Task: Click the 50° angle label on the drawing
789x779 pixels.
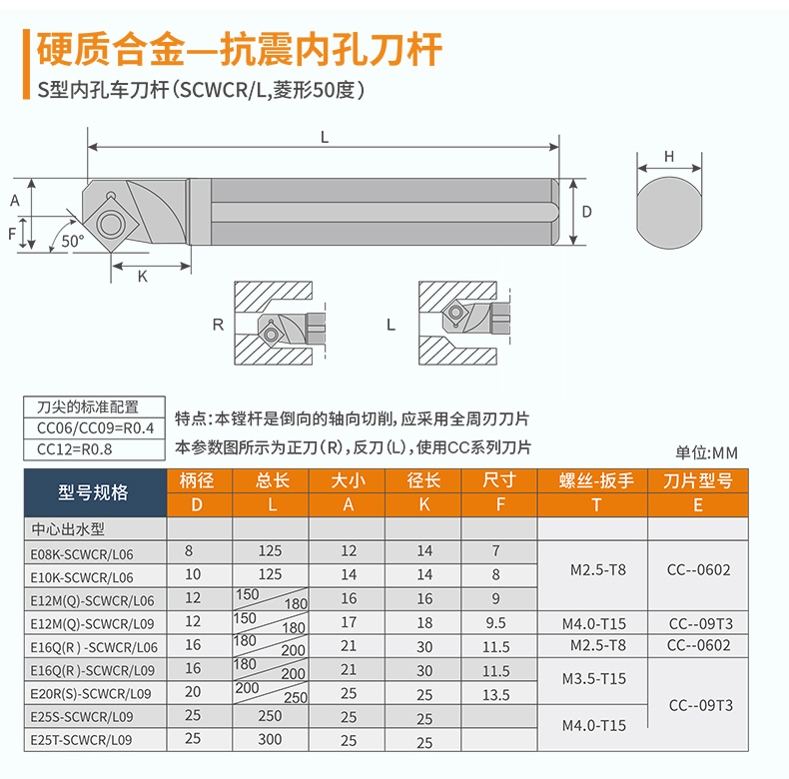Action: (73, 241)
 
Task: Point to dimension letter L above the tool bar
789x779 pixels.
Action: (325, 137)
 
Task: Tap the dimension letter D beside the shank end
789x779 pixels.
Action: (586, 212)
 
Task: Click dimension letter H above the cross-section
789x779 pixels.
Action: (669, 157)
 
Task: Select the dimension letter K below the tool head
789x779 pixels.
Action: (143, 277)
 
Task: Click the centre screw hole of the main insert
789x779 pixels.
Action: (110, 224)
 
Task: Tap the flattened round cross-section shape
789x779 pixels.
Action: (669, 213)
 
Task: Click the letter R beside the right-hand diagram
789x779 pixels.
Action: (218, 325)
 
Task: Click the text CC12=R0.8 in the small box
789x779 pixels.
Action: (75, 448)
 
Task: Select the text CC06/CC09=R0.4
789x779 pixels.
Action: (95, 428)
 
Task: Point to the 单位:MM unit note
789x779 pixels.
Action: (706, 452)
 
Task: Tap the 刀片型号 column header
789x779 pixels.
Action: (698, 480)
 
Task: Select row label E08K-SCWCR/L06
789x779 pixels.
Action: (82, 554)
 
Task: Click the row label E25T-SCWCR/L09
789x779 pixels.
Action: (81, 740)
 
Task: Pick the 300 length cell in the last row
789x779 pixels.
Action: (270, 739)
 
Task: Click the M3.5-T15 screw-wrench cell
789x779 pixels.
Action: (594, 679)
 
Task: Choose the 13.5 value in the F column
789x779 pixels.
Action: (496, 695)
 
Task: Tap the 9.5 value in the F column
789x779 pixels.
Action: (495, 623)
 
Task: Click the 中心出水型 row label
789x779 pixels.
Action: (68, 529)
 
